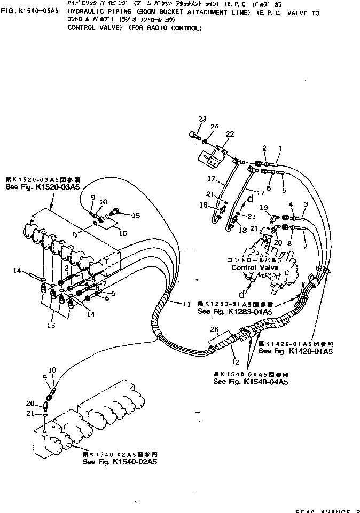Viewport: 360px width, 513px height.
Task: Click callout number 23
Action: pos(202,119)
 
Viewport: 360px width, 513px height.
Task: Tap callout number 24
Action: pos(214,127)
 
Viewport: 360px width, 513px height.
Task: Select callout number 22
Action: pos(230,134)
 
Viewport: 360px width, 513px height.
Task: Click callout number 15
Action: pos(136,215)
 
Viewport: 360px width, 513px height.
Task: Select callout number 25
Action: pos(215,329)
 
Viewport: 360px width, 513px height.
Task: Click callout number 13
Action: pos(51,325)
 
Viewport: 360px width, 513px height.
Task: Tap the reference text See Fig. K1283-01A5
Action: pos(227,311)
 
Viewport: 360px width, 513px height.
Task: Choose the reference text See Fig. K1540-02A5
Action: pos(120,461)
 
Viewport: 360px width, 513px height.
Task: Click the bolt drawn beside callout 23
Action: pos(193,136)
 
